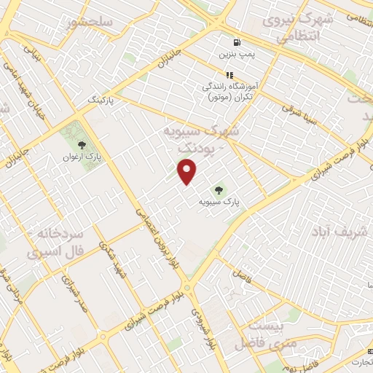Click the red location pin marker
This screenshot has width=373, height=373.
point(188,171)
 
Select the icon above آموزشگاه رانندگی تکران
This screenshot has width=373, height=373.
point(229,74)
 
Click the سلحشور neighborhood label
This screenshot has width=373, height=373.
point(90,23)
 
